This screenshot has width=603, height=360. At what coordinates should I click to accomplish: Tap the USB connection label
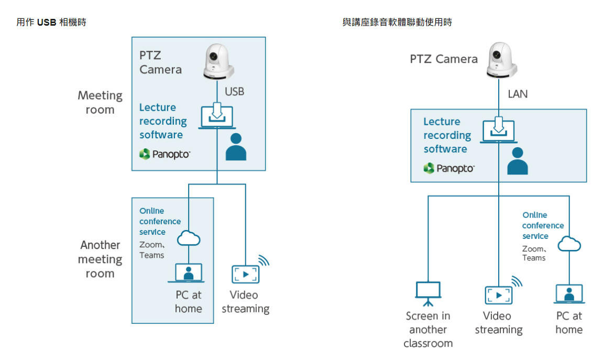234,91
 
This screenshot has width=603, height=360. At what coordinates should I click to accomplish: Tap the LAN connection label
518,94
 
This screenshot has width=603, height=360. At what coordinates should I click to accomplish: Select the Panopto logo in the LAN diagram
448,168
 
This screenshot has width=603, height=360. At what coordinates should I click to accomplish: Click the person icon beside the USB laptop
236,147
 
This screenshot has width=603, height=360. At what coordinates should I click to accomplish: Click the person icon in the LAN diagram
518,161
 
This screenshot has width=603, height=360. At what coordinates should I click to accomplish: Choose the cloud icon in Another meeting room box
189,239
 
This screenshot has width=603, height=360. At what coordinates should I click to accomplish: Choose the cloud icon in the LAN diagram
568,244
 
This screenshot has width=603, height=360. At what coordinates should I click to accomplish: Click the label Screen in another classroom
428,330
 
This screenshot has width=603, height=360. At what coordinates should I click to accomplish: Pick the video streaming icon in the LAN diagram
498,295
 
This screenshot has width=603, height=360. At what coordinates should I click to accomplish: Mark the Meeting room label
100,103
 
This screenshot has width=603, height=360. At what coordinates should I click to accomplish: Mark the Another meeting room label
100,259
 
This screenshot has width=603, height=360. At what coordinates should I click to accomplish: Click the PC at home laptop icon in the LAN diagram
569,294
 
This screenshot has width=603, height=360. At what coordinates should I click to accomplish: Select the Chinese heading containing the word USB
51,23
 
